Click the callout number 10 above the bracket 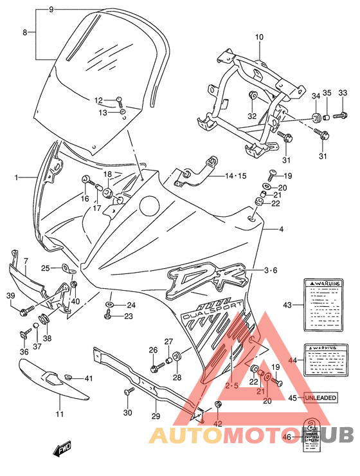click(x=259, y=37)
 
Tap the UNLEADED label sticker click(x=320, y=398)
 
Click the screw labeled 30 click(x=129, y=390)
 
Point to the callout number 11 click(x=59, y=414)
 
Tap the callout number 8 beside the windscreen click(x=25, y=32)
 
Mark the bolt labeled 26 click(x=156, y=369)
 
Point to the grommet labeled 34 click(x=316, y=117)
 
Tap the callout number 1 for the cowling click(x=17, y=176)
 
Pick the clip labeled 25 click(x=66, y=268)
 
